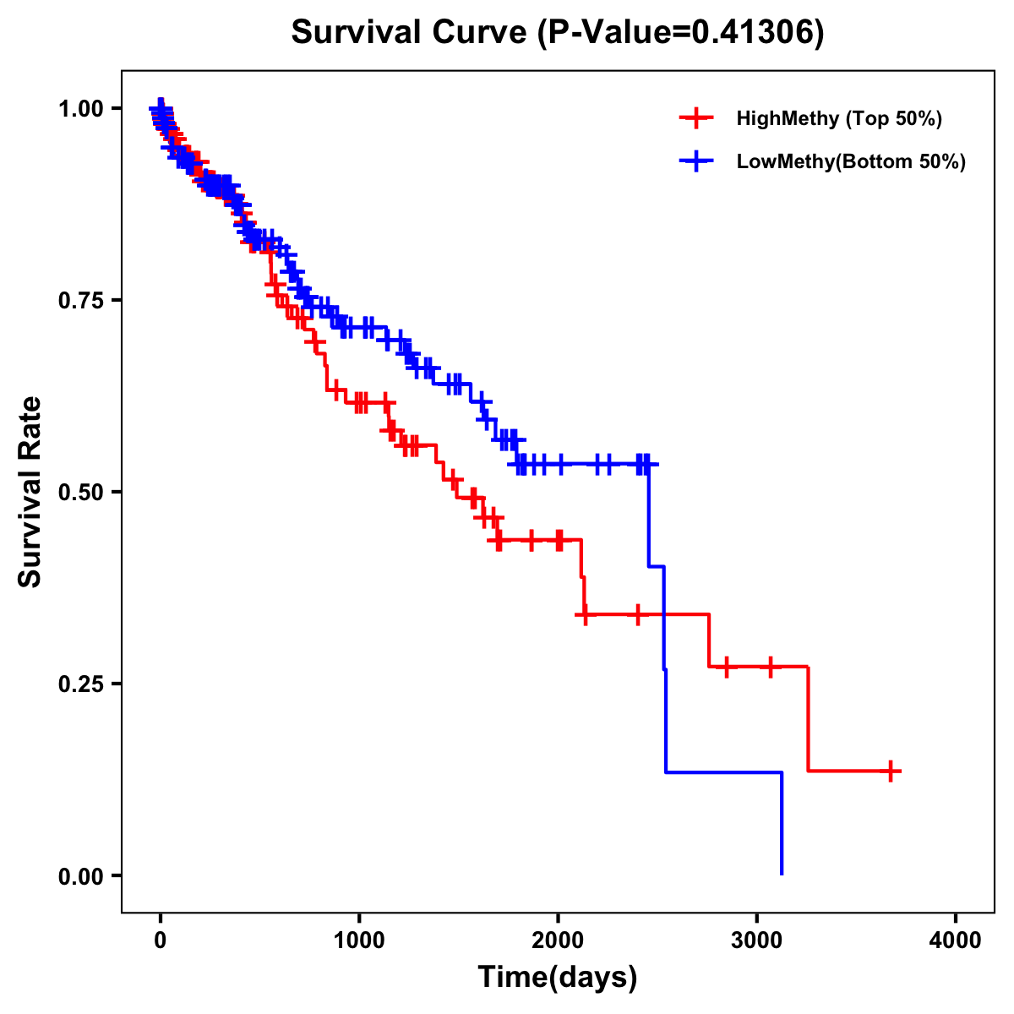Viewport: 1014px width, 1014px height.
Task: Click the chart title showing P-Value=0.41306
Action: coord(558,33)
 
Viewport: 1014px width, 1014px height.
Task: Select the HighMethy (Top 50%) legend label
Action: coord(839,118)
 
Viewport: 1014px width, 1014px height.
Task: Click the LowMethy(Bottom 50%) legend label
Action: coord(851,161)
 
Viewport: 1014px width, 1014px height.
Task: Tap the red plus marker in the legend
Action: coord(695,118)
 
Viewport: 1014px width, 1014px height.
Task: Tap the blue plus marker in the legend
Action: coord(695,161)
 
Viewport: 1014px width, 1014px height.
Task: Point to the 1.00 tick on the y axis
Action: coord(80,109)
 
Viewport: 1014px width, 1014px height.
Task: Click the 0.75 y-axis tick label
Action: coord(80,301)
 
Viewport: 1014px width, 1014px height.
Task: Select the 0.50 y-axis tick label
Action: coord(80,493)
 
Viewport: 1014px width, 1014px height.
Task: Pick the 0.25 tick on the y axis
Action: coord(80,684)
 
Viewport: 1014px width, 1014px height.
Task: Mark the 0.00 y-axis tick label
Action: coord(80,876)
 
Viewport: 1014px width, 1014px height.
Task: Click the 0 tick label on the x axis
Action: coord(160,940)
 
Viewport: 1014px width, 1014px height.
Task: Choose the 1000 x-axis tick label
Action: coord(359,940)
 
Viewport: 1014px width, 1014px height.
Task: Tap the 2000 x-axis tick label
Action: coord(558,940)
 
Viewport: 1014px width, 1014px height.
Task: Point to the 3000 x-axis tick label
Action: coord(757,940)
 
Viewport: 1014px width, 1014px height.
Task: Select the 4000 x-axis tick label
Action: coord(956,940)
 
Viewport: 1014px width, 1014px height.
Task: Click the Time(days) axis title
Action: coord(558,978)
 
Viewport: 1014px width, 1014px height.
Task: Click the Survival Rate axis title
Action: coord(30,492)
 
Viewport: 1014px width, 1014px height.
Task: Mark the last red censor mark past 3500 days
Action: coord(891,771)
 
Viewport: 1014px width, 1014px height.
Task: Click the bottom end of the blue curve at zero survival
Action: coord(782,873)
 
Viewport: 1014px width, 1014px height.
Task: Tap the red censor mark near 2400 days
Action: coord(637,614)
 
